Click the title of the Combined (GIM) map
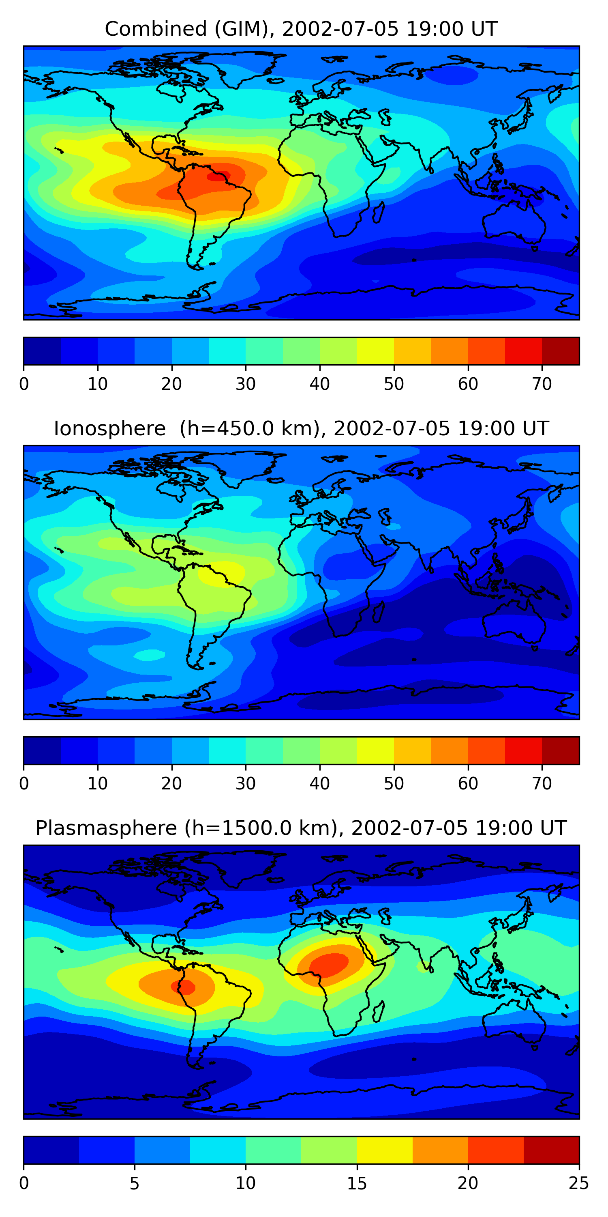pyautogui.click(x=301, y=29)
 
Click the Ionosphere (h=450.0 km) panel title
pyautogui.click(x=301, y=428)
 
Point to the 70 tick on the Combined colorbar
pyautogui.click(x=542, y=384)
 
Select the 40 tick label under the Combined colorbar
pyautogui.click(x=319, y=384)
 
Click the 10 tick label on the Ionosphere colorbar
pyautogui.click(x=98, y=783)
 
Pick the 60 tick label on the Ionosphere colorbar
pyautogui.click(x=468, y=783)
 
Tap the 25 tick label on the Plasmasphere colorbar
pyautogui.click(x=579, y=1183)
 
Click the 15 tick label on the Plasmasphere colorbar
pyautogui.click(x=357, y=1183)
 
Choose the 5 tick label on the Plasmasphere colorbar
pyautogui.click(x=135, y=1183)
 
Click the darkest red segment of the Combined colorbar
pyautogui.click(x=560, y=351)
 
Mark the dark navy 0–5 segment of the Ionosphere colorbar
pyautogui.click(x=42, y=750)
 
